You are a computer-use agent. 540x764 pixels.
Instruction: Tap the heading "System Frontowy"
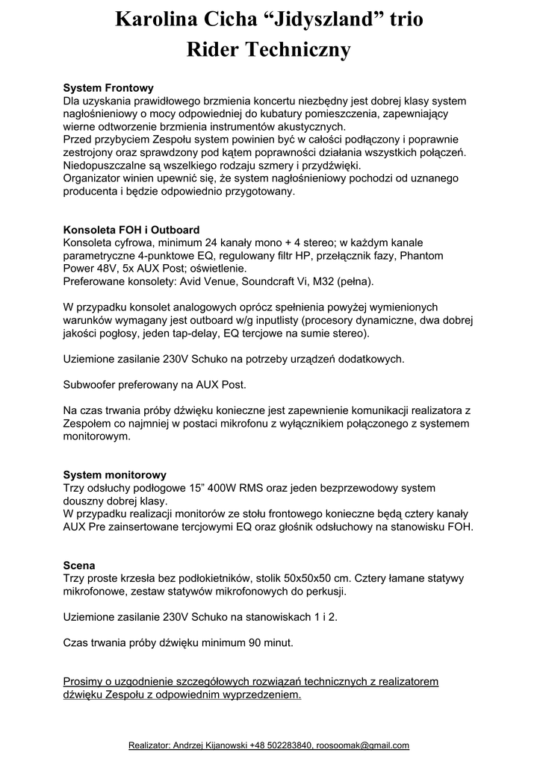click(108, 88)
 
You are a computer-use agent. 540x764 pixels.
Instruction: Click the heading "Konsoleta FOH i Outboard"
click(131, 230)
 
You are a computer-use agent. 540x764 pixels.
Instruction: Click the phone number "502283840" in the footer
click(286, 745)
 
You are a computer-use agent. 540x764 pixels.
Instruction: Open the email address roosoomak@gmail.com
click(362, 745)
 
